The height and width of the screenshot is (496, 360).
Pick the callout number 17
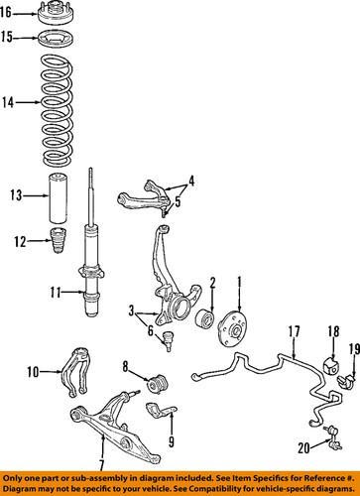click(294, 330)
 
